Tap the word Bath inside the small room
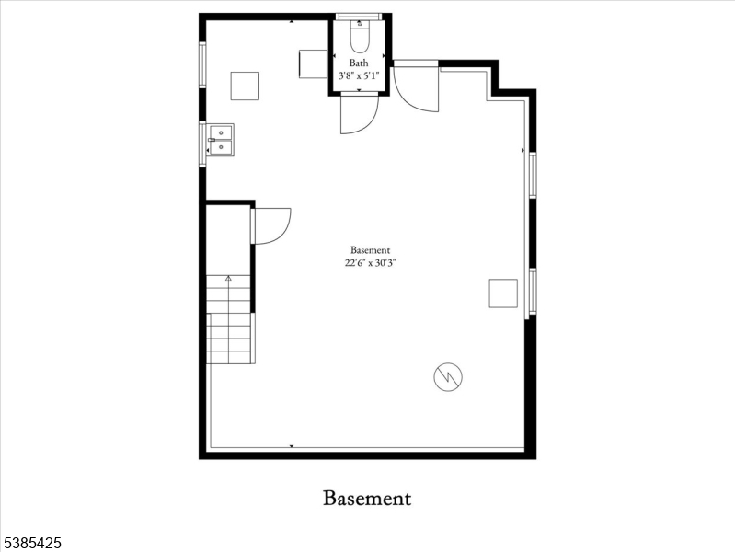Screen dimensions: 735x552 pos(359,63)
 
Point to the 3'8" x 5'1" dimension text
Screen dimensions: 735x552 pos(359,75)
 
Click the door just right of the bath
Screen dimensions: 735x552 pos(416,89)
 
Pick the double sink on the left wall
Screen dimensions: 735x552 pos(220,140)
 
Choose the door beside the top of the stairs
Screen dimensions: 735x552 pos(272,226)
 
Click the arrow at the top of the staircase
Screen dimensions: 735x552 pos(228,279)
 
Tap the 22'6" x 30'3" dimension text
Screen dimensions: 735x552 pos(371,262)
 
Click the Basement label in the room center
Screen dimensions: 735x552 pos(371,250)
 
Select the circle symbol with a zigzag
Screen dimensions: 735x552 pos(448,376)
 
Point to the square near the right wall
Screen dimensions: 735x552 pos(503,293)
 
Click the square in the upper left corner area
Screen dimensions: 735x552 pos(245,86)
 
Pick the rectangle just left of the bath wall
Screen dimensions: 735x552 pos(313,64)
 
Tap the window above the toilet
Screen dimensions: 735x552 pos(360,17)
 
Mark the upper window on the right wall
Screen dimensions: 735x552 pos(533,175)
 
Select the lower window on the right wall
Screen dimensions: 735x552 pos(533,291)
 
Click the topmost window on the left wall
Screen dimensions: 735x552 pos(202,64)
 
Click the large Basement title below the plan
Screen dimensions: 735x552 pos(367,498)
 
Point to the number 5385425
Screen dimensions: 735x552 pos(31,543)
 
